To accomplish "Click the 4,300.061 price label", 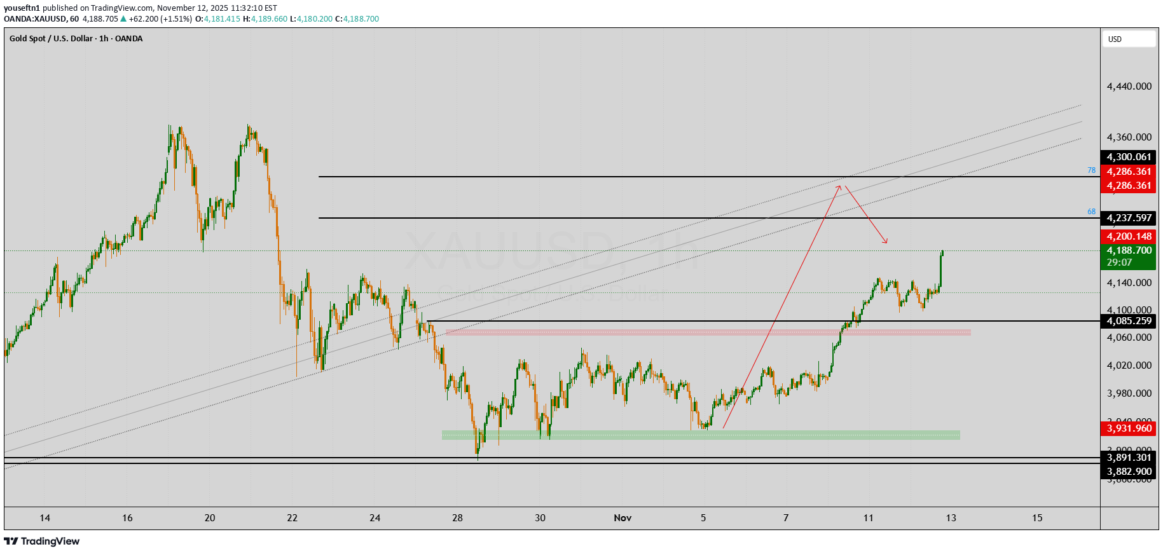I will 1129,157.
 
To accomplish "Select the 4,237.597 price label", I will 1129,218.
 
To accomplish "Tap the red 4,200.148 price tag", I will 1129,236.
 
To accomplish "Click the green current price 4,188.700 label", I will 1129,250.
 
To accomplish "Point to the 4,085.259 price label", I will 1129,321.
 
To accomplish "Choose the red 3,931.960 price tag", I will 1129,428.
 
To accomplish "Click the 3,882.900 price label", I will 1129,472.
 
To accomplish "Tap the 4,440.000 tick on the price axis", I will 1129,86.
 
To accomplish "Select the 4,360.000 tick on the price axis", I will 1129,137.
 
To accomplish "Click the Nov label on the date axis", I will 623,518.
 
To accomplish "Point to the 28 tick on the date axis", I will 458,518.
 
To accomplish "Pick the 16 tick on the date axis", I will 127,518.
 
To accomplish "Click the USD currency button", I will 1128,39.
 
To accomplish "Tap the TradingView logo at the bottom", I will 42,542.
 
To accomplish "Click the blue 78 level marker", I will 1091,170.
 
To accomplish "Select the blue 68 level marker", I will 1091,212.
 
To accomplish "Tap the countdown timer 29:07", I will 1119,263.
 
